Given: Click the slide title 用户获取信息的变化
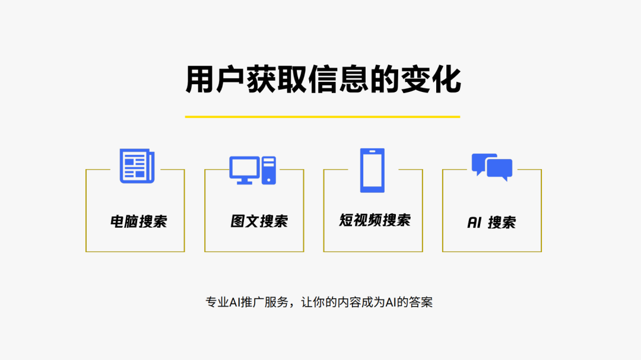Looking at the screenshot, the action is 323,80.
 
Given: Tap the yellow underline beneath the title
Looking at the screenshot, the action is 322,116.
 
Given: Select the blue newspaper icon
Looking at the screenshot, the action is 137,165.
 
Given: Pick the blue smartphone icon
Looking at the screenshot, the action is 372,170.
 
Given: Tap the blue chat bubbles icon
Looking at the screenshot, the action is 492,167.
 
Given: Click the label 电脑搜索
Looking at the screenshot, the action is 138,222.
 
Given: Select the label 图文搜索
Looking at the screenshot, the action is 259,221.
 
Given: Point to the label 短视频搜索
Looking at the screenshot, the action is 375,220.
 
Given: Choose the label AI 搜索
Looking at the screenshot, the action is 491,223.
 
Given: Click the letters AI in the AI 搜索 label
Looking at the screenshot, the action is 474,223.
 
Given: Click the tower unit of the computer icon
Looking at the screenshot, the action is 269,170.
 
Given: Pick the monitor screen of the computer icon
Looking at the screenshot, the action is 245,167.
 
